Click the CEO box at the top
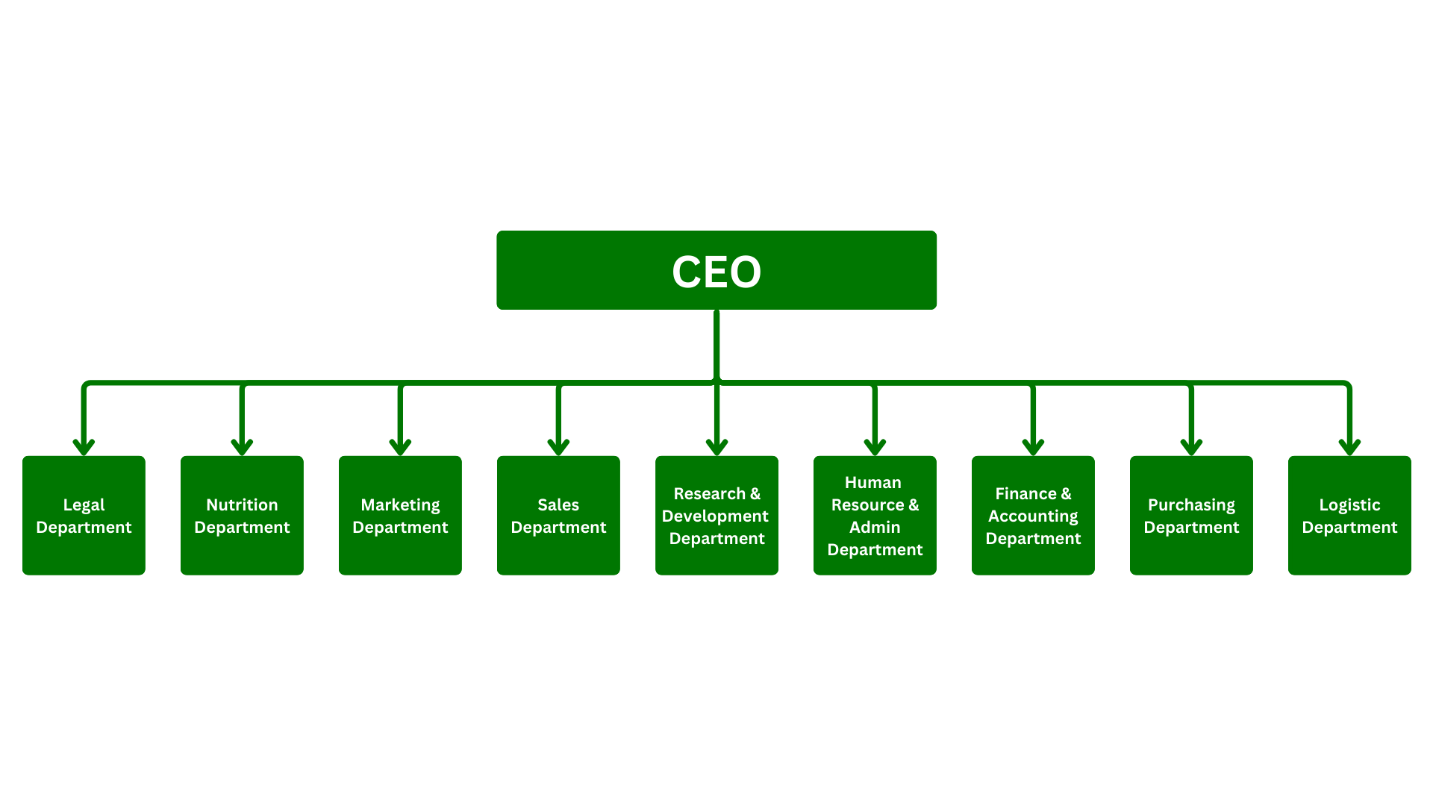(x=716, y=270)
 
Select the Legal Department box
(x=84, y=515)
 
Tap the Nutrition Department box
(x=242, y=515)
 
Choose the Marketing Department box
(x=400, y=515)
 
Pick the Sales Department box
(x=558, y=515)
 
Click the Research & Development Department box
(x=716, y=515)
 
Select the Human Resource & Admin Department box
(x=875, y=515)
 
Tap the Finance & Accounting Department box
(x=1033, y=515)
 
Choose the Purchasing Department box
(x=1191, y=515)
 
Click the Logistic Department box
(x=1349, y=515)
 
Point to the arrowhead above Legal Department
(x=84, y=448)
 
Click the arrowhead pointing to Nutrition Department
(x=242, y=448)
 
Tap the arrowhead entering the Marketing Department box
(x=400, y=448)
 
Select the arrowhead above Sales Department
(x=558, y=448)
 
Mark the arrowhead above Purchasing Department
(x=1191, y=448)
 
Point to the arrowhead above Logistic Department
(x=1349, y=448)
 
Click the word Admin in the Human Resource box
(x=875, y=527)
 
